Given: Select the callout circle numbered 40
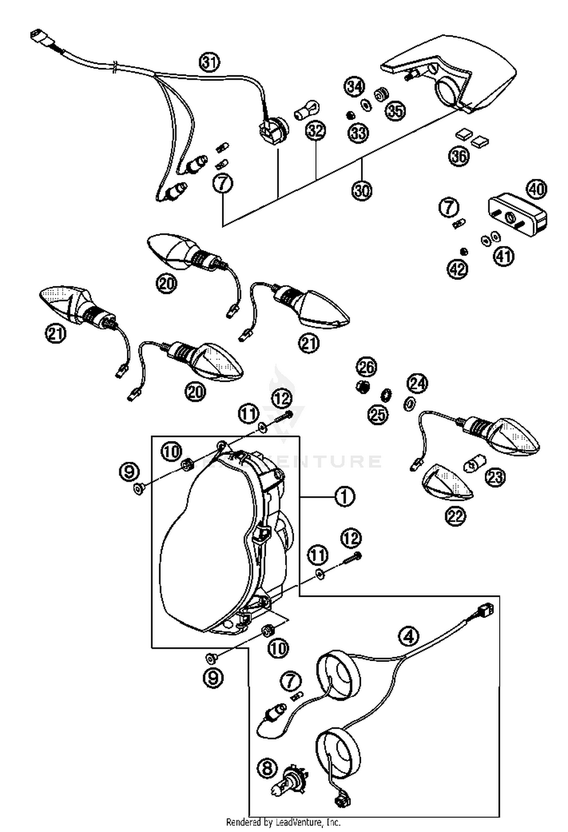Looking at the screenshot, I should click(537, 189).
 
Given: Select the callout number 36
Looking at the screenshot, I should click(459, 156).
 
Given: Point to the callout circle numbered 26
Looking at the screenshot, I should click(367, 367).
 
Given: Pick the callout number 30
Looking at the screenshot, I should click(362, 190).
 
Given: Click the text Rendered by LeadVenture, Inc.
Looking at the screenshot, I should click(283, 822).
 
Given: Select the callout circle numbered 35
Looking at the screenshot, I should click(395, 111).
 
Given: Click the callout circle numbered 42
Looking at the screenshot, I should click(458, 269).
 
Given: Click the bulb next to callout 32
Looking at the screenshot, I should click(307, 110).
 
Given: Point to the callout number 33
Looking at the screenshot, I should click(358, 133).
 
